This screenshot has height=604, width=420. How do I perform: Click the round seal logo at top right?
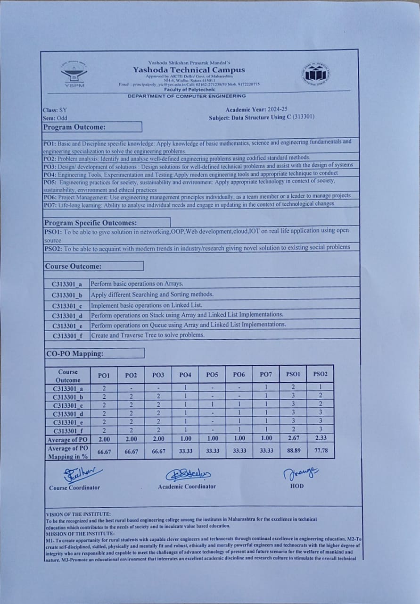tap(315, 74)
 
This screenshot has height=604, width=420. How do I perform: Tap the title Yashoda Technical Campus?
tap(189, 70)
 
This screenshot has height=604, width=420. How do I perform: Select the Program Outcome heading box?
tap(92, 127)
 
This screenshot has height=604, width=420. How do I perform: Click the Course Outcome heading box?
tap(93, 266)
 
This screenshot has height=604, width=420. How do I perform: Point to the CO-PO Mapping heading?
tap(94, 353)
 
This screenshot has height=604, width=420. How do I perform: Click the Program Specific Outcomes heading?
tap(106, 222)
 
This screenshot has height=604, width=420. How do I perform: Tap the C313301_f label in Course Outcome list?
tap(67, 336)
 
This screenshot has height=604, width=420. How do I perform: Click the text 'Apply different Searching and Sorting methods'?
tap(152, 294)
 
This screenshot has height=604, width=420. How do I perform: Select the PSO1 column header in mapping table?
tap(293, 374)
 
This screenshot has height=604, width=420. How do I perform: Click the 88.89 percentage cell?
tap(293, 451)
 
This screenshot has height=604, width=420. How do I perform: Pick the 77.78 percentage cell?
tap(320, 451)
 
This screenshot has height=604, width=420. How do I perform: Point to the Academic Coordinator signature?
tap(188, 474)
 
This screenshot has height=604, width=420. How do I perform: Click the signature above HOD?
tap(301, 472)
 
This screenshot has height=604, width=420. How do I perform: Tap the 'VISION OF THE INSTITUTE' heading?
tap(79, 514)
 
